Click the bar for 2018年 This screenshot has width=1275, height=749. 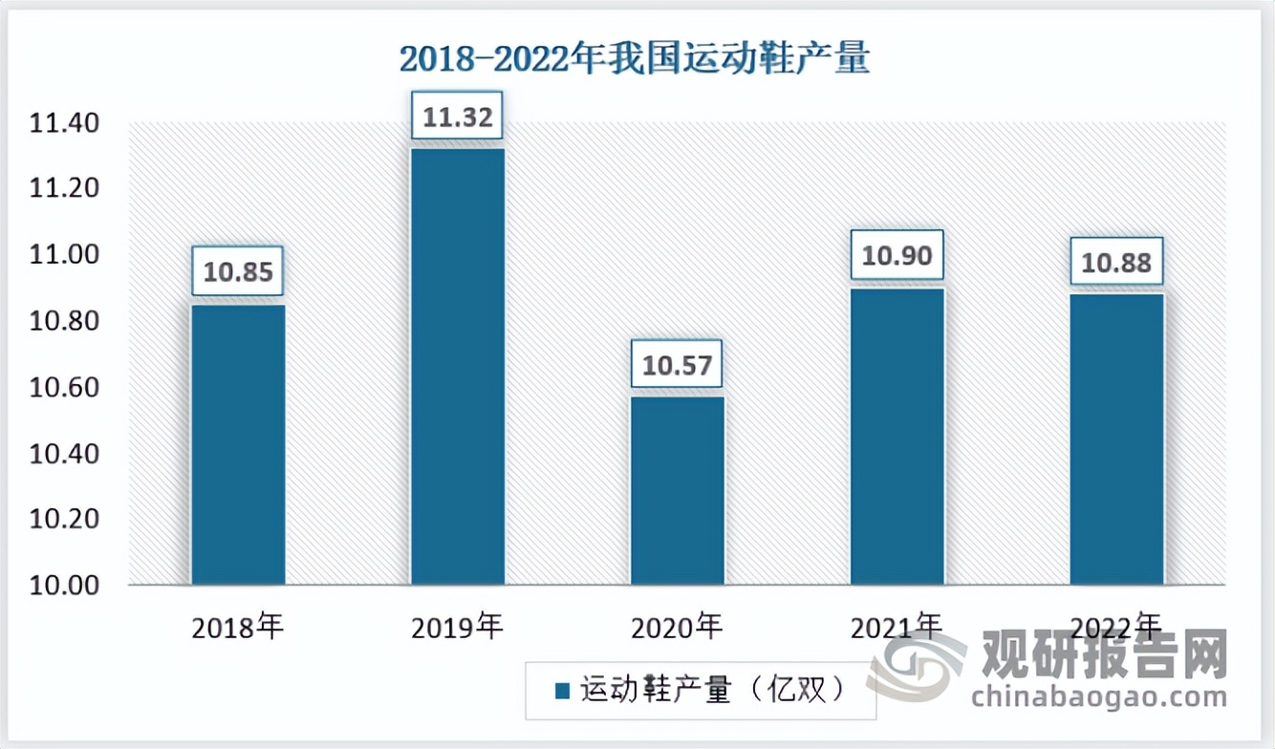click(x=238, y=444)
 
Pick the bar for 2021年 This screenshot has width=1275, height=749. click(x=897, y=437)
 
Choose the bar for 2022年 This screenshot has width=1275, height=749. click(x=1116, y=439)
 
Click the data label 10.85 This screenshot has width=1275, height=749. click(x=238, y=272)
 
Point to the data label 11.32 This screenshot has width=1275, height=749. click(x=458, y=117)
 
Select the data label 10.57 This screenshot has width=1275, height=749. click(x=678, y=364)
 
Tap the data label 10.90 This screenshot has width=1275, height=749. click(x=897, y=255)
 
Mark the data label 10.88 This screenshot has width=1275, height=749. click(x=1116, y=262)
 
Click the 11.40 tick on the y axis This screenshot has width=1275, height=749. click(x=63, y=123)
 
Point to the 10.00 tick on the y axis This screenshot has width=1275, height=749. click(x=63, y=585)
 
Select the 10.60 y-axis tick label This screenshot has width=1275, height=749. click(x=63, y=387)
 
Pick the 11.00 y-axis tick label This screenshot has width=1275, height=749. click(x=63, y=255)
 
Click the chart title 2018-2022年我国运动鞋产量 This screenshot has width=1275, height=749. click(x=634, y=60)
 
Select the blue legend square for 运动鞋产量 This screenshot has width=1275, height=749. click(x=562, y=690)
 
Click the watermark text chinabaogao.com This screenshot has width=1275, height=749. click(x=1098, y=695)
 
